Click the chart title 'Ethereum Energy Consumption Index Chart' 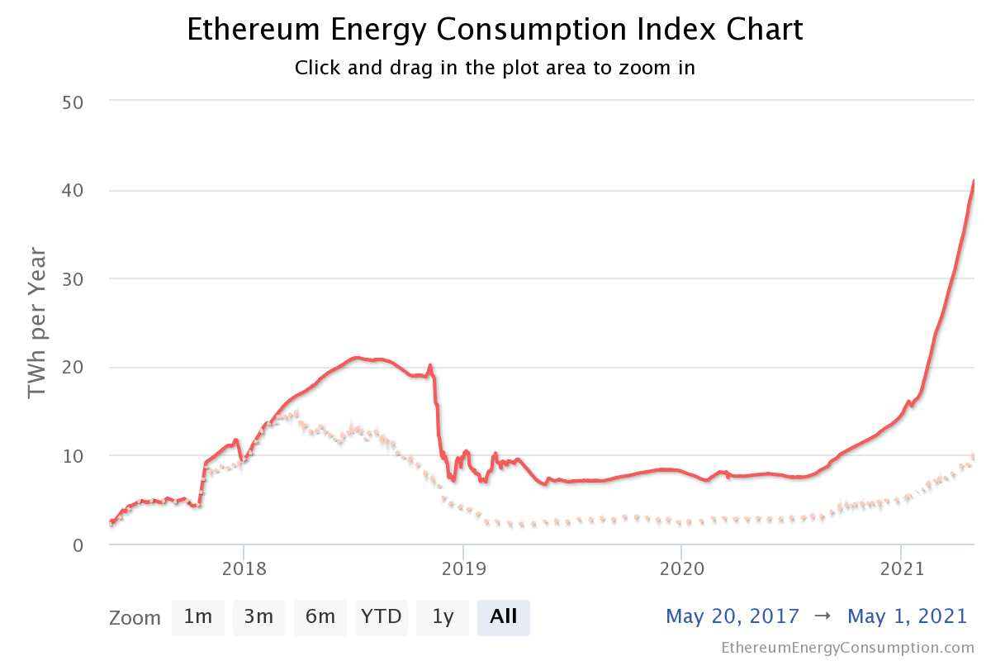[x=495, y=30]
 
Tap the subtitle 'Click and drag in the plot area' [x=495, y=68]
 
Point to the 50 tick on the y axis [x=74, y=102]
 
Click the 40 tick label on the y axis [x=74, y=190]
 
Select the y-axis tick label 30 [x=74, y=278]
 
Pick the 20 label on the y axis [x=74, y=367]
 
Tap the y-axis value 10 [x=74, y=455]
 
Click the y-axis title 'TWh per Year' [x=37, y=322]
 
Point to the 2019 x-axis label [x=462, y=570]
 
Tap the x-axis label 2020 [x=681, y=570]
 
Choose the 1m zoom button [x=198, y=616]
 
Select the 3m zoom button [x=258, y=616]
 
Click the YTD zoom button [x=382, y=616]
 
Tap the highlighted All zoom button [x=504, y=616]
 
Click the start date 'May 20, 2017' [x=733, y=616]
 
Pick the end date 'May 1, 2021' [x=907, y=616]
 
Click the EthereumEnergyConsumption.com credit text [x=847, y=647]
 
